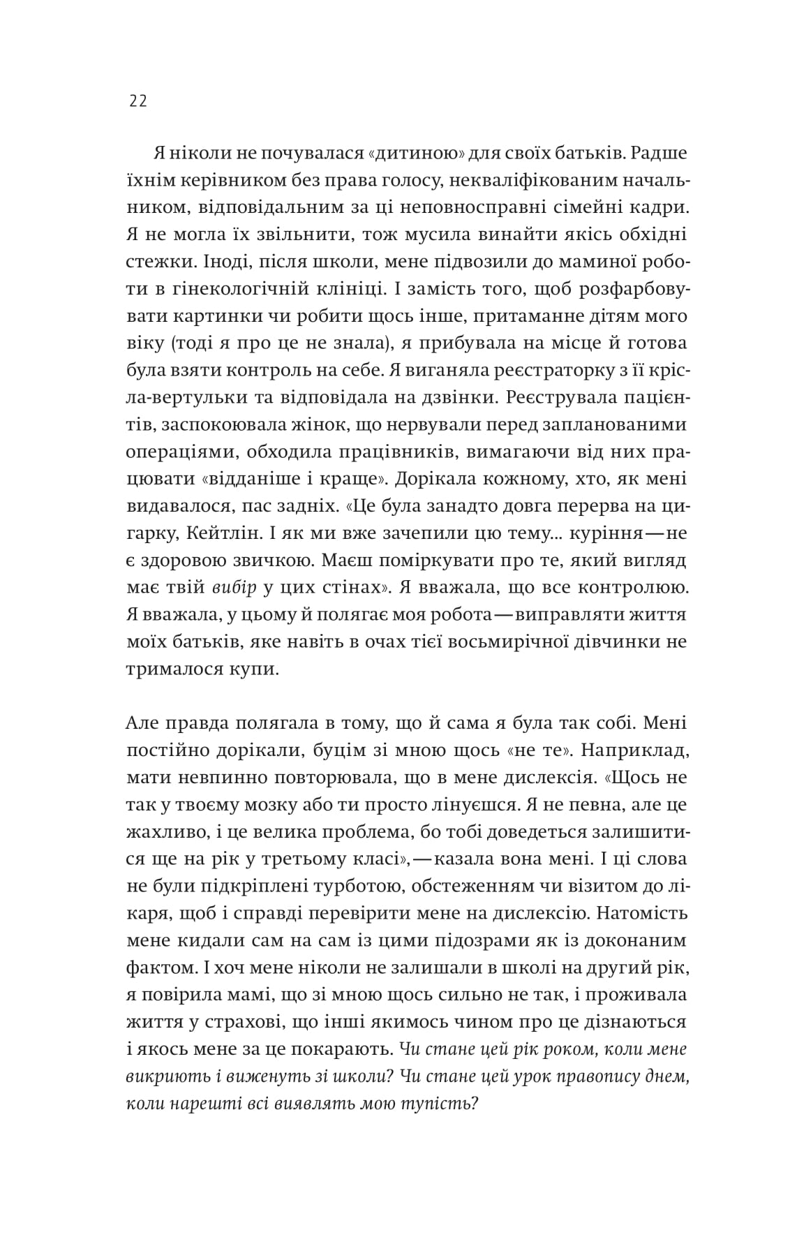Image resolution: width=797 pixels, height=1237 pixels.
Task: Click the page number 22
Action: [x=137, y=101]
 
